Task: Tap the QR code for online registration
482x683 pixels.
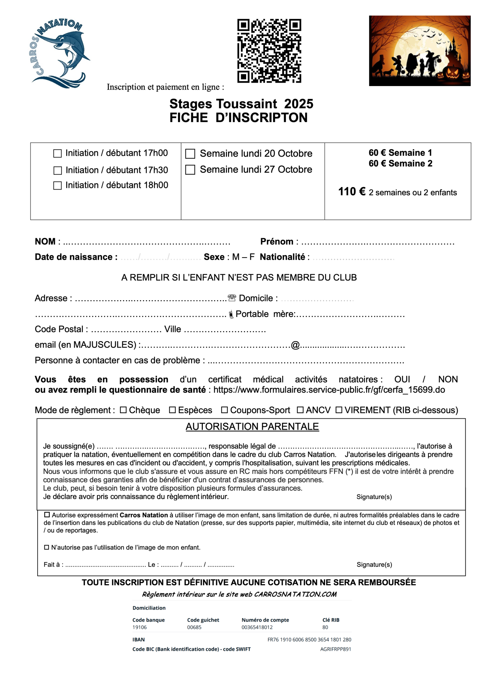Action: tap(269, 51)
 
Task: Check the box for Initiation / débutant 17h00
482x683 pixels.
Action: tap(58, 153)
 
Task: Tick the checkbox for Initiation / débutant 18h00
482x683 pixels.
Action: tap(58, 186)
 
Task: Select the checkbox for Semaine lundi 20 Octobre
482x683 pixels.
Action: tap(190, 154)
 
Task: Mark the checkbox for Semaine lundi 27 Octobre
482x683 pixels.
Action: tap(190, 170)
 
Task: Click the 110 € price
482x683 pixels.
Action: tap(351, 192)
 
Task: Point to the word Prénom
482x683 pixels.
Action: tap(277, 242)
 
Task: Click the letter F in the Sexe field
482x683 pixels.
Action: tap(252, 257)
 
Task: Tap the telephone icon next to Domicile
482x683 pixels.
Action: tap(232, 298)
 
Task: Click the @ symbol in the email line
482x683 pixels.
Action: tap(295, 345)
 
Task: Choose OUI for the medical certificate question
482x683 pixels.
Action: tap(402, 379)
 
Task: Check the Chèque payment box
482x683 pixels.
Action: tap(123, 410)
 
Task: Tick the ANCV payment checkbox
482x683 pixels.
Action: tap(300, 410)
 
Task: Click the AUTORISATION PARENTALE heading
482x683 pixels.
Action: tap(252, 427)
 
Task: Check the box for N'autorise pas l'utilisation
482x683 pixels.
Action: tap(47, 547)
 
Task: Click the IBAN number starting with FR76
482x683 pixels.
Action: tap(309, 640)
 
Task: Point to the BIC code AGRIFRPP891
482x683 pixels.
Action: tap(335, 649)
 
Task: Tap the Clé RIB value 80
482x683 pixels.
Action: tap(325, 627)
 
